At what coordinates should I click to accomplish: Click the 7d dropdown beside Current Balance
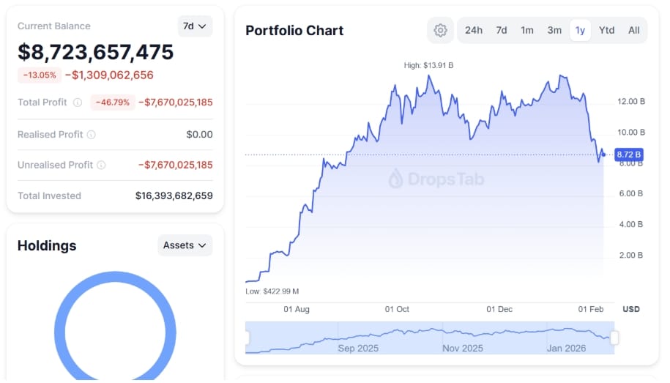point(195,26)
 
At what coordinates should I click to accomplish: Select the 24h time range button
point(474,30)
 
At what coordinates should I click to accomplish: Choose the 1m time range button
point(527,30)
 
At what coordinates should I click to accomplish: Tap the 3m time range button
point(554,30)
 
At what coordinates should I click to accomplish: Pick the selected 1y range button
point(580,30)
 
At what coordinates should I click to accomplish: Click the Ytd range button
point(606,30)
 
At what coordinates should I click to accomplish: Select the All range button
point(633,30)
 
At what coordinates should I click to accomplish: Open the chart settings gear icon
point(440,30)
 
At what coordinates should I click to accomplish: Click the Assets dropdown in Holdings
point(185,245)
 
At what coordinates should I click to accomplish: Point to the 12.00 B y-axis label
point(631,101)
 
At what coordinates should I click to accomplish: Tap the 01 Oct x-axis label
point(397,309)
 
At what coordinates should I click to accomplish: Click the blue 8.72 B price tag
point(628,155)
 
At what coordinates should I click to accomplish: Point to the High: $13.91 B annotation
point(428,65)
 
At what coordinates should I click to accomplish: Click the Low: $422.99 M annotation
point(272,291)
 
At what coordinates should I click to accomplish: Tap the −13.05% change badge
point(40,75)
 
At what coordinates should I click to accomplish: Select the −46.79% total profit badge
point(113,103)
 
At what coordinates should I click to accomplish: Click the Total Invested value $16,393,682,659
point(174,196)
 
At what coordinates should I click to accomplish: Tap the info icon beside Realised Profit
point(91,135)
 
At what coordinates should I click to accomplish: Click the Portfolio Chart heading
point(294,30)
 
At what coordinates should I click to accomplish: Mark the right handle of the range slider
point(614,338)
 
